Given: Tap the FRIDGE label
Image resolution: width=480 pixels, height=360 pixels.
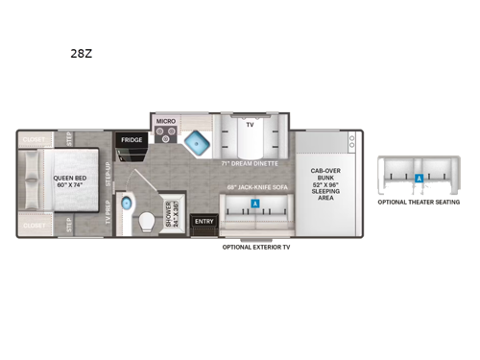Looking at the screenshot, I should coord(131,140).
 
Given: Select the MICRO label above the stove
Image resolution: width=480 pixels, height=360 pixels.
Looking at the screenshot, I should coord(165,122).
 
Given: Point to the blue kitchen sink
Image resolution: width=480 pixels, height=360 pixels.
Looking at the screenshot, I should coord(199,140).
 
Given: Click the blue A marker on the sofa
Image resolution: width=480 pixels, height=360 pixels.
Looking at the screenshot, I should coord(254,204).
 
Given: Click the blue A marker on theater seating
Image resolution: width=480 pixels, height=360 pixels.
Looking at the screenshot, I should coord(419,179).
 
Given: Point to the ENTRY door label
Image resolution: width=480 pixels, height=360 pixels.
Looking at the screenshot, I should coord(204,222).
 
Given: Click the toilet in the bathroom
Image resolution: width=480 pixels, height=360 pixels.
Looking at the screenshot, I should coord(147,222).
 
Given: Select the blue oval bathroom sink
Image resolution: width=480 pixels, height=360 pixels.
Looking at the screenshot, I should coord(133,188).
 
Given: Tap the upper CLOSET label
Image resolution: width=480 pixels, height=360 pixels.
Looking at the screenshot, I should coord(32,139).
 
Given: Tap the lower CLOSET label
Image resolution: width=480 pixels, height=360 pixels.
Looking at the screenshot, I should coord(32,226).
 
